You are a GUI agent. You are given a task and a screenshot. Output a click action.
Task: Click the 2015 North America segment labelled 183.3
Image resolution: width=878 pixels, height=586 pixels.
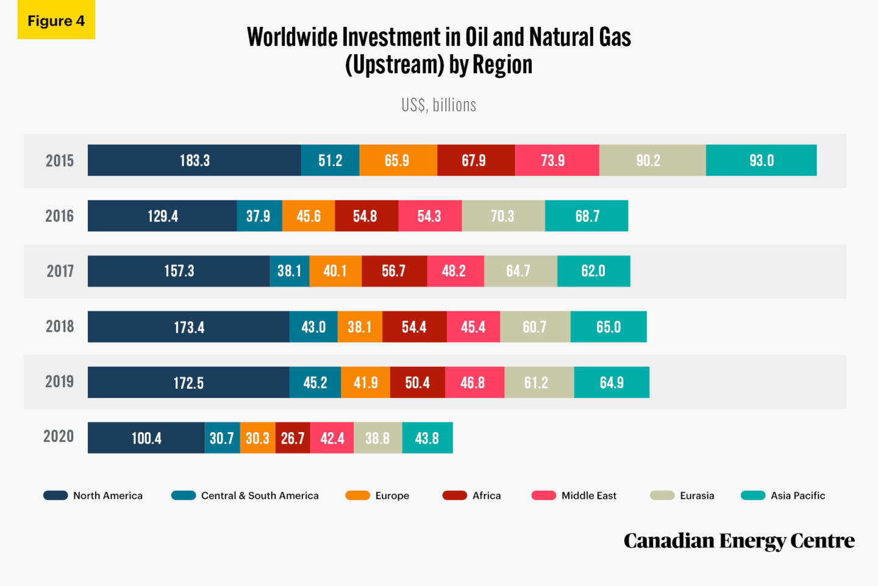coord(194,161)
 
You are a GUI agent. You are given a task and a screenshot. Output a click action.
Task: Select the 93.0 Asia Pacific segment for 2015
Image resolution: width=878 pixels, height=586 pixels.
coord(761,161)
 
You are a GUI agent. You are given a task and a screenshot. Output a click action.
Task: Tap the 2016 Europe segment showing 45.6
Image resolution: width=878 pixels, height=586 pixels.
coord(309,216)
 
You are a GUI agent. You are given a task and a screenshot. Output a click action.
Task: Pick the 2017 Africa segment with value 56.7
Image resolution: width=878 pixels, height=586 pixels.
coord(394,271)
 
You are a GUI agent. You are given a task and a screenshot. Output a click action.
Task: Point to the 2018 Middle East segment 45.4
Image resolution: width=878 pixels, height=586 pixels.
coord(473,327)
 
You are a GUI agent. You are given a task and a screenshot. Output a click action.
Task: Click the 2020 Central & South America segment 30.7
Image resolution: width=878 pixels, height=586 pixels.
coord(222,438)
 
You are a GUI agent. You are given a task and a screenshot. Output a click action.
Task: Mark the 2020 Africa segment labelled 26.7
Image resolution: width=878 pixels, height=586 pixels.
coord(293,438)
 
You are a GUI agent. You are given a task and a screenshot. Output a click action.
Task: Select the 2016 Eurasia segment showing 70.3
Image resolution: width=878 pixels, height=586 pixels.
coord(503,216)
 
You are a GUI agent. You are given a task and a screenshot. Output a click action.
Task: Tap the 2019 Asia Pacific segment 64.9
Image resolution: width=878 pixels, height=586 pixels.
coord(612,382)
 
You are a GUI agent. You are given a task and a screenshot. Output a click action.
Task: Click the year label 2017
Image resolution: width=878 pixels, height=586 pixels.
coord(60,271)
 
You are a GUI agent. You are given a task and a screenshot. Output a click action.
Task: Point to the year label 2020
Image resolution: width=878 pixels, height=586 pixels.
coord(59,436)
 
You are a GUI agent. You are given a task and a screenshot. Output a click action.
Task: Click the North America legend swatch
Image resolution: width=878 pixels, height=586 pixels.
coord(55,496)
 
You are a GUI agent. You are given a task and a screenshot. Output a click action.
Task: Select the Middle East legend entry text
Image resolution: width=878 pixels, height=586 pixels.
coord(588,496)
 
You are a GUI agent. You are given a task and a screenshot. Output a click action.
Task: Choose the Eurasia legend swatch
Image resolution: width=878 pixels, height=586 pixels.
coord(662,496)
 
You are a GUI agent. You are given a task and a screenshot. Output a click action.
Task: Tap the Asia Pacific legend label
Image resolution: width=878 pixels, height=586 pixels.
coord(798,496)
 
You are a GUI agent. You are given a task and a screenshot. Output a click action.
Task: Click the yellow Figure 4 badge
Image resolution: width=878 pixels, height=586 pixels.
coord(56,21)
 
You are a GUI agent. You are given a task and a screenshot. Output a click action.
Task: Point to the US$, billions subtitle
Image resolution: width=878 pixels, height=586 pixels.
coord(438,105)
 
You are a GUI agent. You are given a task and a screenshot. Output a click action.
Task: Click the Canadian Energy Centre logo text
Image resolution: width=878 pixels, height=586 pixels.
coord(739,541)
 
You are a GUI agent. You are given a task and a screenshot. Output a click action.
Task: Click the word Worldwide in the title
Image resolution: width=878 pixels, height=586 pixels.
coord(292,37)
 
